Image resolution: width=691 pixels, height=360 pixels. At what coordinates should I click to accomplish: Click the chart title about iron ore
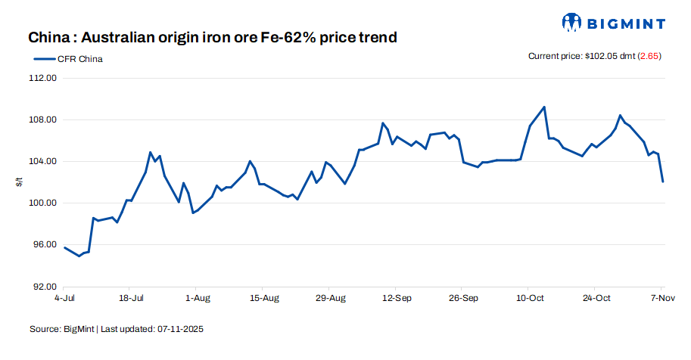tap(213, 37)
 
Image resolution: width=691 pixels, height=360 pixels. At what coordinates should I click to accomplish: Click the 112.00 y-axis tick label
tap(42, 78)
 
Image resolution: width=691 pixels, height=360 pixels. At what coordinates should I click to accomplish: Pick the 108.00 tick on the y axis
tap(42, 119)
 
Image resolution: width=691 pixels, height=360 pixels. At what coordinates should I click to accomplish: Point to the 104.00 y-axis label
tap(42, 161)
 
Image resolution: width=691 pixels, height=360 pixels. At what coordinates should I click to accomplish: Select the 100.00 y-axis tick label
tap(42, 203)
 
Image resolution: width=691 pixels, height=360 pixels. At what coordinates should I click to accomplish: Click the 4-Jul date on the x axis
tap(64, 298)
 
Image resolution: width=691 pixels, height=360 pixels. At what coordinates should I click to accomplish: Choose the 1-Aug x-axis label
tap(197, 298)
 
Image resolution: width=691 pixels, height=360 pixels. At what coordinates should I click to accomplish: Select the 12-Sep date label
tap(397, 298)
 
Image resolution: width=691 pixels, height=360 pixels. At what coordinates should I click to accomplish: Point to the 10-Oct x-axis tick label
tap(530, 298)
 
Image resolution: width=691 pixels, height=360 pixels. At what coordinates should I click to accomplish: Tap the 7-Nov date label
tap(661, 298)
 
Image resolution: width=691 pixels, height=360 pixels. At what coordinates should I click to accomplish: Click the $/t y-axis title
tap(20, 182)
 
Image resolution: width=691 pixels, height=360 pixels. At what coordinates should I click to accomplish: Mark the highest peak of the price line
tap(544, 107)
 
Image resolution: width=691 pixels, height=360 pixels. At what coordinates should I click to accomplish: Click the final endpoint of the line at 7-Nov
tap(663, 182)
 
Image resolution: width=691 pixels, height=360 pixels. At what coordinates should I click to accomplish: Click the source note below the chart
tap(117, 330)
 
